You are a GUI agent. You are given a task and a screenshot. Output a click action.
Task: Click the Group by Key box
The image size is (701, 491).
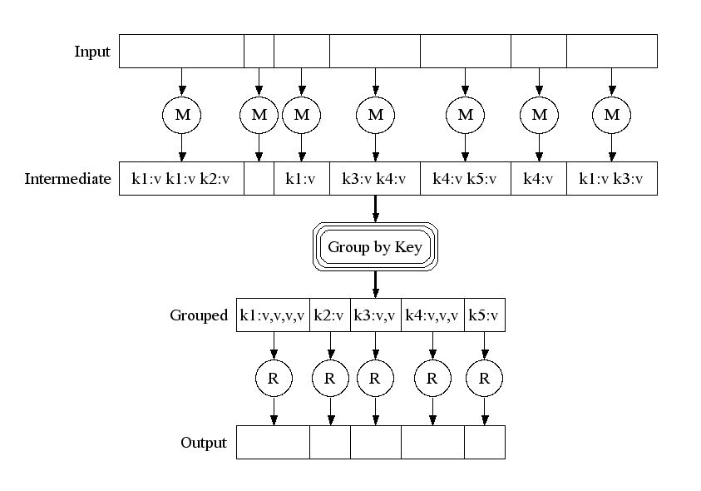click(x=375, y=247)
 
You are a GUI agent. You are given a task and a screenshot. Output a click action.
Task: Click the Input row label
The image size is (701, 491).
click(x=92, y=52)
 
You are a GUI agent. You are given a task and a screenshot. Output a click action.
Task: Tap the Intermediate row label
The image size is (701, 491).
click(x=68, y=179)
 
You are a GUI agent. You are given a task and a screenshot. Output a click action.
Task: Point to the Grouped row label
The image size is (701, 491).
click(x=199, y=315)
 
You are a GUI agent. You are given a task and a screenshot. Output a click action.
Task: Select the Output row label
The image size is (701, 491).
click(x=204, y=443)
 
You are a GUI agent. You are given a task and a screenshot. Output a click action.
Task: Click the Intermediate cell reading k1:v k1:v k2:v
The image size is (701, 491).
click(x=181, y=179)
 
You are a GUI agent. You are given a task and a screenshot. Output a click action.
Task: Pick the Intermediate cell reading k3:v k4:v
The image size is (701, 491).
click(x=375, y=179)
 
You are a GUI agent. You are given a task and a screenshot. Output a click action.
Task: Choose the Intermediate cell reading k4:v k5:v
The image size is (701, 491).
click(x=465, y=179)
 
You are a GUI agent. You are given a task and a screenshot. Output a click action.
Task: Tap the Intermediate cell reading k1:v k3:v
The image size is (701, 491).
click(x=612, y=179)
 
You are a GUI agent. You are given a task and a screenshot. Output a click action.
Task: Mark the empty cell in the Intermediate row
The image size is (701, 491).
click(x=259, y=179)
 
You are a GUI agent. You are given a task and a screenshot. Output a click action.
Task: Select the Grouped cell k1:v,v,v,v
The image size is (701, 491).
click(x=273, y=315)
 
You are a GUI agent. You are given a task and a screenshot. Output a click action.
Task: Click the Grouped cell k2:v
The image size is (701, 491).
click(x=330, y=315)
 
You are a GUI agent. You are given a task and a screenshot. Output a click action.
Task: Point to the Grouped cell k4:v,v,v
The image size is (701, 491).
click(x=432, y=315)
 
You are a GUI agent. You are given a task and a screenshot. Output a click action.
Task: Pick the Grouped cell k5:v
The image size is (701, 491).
click(x=484, y=315)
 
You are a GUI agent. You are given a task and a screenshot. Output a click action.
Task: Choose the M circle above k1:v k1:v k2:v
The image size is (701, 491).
click(x=181, y=115)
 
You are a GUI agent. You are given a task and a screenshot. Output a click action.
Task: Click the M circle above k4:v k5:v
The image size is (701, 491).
click(x=465, y=115)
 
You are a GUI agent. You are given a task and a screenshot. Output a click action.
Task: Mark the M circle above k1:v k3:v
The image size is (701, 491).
click(x=612, y=115)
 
